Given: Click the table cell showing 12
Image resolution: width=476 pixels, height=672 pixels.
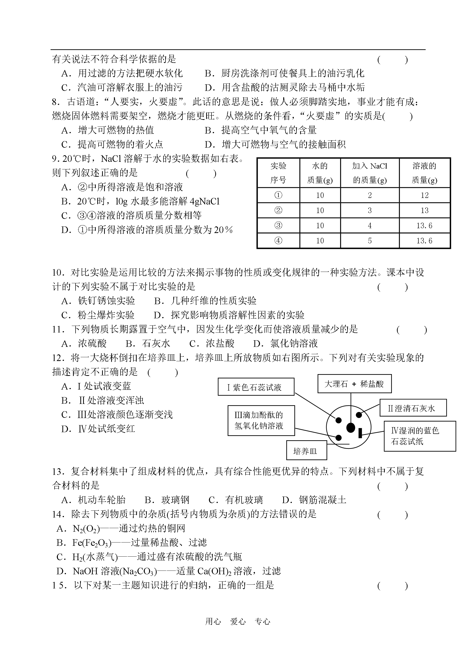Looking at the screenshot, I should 424,195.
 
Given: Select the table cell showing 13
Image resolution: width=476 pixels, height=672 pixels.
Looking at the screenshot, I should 424,211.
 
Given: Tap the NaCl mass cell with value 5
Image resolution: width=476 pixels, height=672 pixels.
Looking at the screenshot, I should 370,241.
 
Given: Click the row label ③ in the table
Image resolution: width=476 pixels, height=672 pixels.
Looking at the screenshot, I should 278,225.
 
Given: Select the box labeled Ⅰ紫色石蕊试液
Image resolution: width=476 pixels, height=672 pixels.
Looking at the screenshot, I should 256,387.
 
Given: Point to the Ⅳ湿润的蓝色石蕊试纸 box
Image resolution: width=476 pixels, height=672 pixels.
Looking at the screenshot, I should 419,436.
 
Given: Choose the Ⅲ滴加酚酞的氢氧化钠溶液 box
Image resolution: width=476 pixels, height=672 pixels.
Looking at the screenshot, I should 261,421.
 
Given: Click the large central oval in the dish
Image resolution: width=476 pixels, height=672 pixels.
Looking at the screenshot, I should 350,428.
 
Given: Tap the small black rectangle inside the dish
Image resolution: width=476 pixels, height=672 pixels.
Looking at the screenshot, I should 361,433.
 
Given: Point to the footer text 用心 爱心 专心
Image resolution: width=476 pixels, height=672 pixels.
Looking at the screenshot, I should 238,622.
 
